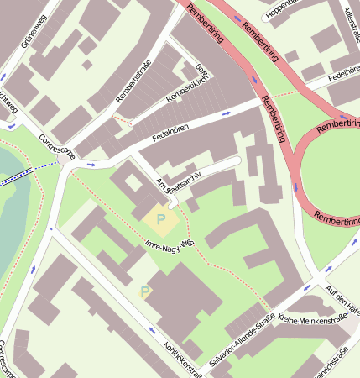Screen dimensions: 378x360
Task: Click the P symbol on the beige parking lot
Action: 160,219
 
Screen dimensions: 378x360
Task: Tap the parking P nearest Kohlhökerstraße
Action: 145,291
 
